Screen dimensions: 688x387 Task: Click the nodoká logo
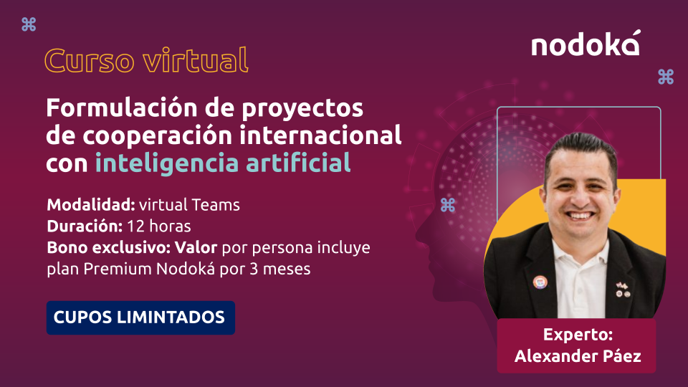click(x=586, y=44)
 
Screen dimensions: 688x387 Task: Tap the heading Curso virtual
click(x=146, y=60)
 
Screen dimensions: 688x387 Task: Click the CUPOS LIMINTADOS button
click(x=140, y=317)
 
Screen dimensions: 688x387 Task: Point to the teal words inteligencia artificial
click(x=223, y=163)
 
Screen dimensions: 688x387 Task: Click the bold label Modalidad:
click(x=91, y=205)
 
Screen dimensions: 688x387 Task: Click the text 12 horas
click(x=159, y=226)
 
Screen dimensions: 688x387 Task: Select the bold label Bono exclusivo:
click(x=109, y=247)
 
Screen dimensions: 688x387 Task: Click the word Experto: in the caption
click(x=578, y=335)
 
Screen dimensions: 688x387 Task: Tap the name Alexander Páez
click(x=578, y=356)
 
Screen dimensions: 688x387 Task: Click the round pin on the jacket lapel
click(x=540, y=282)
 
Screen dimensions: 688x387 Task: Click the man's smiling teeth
click(x=580, y=216)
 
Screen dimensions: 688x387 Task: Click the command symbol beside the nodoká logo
click(x=666, y=77)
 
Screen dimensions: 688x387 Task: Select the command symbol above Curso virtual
click(x=29, y=24)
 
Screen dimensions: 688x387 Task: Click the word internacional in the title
click(x=320, y=135)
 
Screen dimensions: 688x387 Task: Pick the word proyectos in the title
click(x=302, y=109)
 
